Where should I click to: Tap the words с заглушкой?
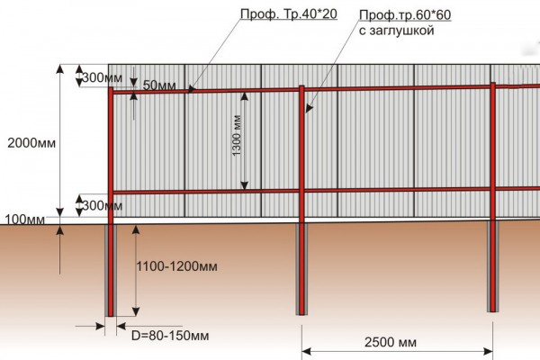click(396, 31)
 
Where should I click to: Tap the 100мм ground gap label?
click(24, 220)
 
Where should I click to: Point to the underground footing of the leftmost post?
click(111, 270)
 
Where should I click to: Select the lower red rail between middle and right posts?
click(396, 189)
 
